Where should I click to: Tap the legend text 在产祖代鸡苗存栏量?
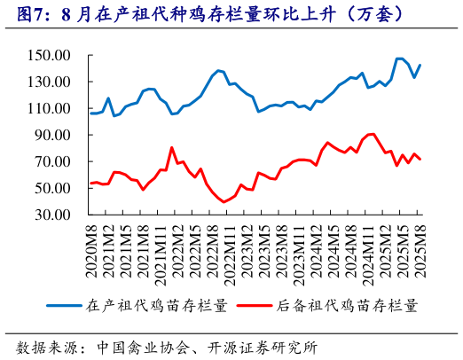click(156, 305)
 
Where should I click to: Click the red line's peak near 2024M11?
click(372, 134)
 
